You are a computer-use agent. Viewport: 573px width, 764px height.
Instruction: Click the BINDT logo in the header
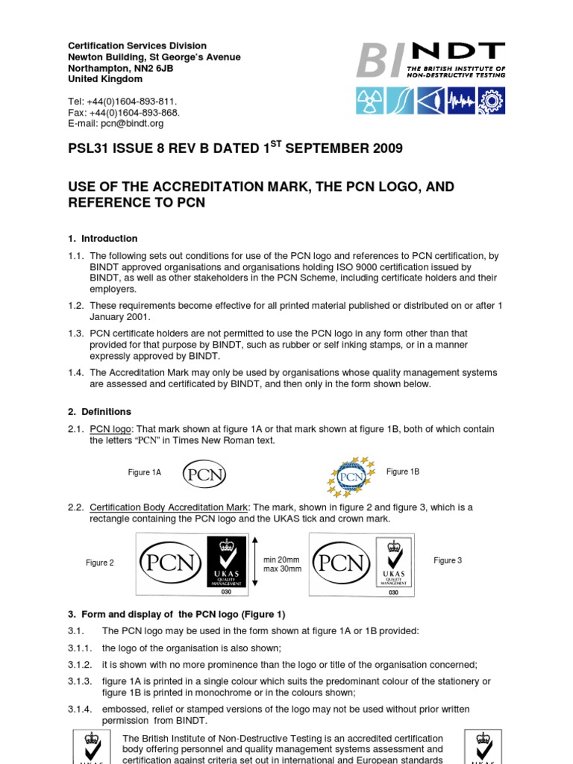(430, 60)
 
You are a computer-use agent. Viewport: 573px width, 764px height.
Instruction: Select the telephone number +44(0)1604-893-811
(134, 101)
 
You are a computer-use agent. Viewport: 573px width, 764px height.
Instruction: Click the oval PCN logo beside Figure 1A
(205, 474)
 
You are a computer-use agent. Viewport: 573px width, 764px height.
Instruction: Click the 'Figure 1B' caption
(403, 472)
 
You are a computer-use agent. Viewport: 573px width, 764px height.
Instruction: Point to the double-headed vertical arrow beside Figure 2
(254, 564)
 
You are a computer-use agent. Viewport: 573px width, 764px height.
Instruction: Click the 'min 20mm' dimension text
(282, 559)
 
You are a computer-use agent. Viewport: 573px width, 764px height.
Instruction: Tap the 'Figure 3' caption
(448, 560)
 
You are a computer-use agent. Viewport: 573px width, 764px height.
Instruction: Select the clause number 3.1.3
(78, 681)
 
